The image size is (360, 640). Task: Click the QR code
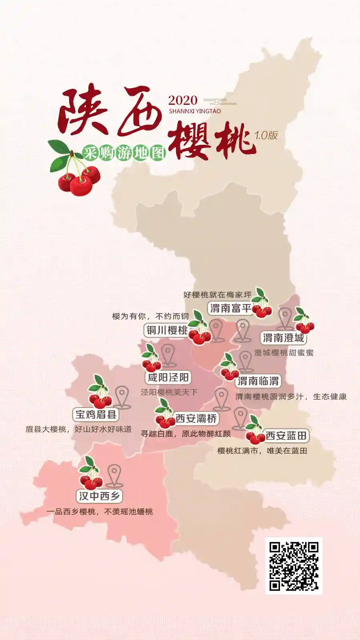click(x=294, y=566)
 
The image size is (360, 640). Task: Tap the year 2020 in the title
click(x=183, y=100)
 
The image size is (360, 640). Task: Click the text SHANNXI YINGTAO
click(x=195, y=111)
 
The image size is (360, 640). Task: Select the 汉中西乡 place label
click(x=99, y=496)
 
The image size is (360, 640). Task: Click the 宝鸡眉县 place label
click(x=96, y=414)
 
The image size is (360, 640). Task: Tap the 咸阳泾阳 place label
click(x=168, y=377)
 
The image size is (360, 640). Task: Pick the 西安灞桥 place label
click(x=196, y=418)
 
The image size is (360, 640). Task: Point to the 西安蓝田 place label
click(x=286, y=436)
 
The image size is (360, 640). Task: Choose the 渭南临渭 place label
click(x=258, y=381)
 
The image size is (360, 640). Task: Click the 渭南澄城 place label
click(x=284, y=338)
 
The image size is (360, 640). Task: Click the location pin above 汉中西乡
click(x=114, y=474)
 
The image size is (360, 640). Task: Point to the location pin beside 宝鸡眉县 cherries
click(x=122, y=396)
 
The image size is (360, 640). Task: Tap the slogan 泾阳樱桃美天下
click(x=169, y=392)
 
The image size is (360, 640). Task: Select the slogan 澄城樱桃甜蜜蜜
click(x=284, y=353)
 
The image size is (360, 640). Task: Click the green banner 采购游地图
click(x=124, y=153)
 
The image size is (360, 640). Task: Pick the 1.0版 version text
click(x=266, y=135)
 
